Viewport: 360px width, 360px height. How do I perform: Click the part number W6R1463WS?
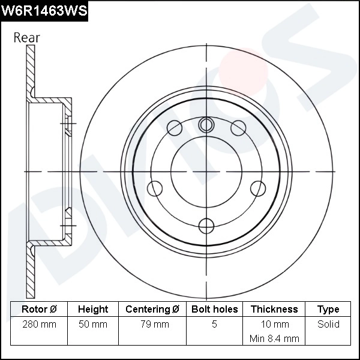point(44,10)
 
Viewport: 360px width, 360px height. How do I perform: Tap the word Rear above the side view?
point(27,37)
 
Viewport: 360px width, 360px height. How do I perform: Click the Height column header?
point(93,310)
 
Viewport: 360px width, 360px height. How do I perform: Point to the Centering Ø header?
point(152,310)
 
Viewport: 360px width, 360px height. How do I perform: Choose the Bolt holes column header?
point(214,310)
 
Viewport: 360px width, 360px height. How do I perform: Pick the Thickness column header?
point(274,310)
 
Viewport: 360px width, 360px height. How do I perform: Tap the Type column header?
point(328,310)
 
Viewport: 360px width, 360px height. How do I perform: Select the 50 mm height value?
point(93,325)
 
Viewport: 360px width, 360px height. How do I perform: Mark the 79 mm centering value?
point(152,325)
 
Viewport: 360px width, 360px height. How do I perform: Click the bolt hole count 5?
point(214,325)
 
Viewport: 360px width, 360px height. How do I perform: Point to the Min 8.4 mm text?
point(274,338)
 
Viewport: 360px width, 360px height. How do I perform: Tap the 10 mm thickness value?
point(274,325)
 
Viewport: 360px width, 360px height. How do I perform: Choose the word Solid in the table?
point(328,325)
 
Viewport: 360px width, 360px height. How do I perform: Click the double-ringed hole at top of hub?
point(206,125)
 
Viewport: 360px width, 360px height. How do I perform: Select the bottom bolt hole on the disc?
point(206,226)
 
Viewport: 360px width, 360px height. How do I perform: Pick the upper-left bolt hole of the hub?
point(175,128)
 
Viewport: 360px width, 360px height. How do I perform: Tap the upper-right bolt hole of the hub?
point(238,128)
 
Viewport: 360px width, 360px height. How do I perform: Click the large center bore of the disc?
point(206,172)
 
